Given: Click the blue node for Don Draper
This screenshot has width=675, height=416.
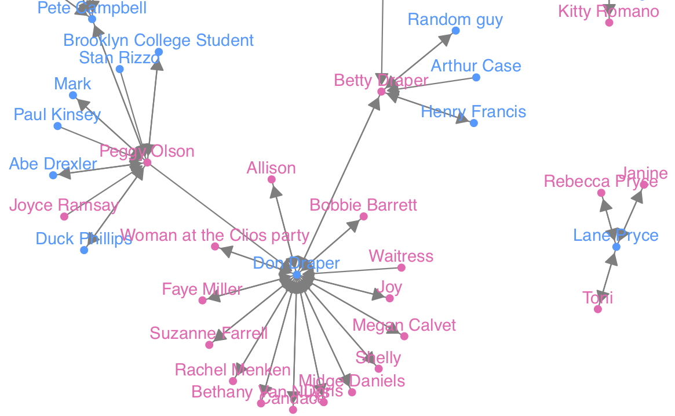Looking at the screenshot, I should coord(297,274).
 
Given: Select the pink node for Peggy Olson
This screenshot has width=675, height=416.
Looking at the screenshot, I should coord(147,162).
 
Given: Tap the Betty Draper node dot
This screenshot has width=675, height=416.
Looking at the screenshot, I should coord(381,92).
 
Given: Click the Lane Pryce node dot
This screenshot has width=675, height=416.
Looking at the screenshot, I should coord(616,247).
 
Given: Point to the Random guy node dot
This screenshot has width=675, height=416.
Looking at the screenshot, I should coord(455,31).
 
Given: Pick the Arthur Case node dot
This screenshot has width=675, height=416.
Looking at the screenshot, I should coord(476,77).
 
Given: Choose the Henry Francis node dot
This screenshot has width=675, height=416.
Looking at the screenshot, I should coord(474,123).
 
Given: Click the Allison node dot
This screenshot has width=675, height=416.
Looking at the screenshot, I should coord(271,179).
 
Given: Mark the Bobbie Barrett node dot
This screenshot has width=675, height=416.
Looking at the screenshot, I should coord(364,216).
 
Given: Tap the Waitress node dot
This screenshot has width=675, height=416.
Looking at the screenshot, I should coord(402,267).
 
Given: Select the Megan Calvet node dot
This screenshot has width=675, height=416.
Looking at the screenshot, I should coord(404,336).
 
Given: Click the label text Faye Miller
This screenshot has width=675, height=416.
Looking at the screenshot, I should coord(202,289).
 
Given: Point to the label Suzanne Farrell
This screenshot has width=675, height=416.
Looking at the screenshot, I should coord(209,334).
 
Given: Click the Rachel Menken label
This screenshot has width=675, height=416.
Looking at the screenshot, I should coord(233,370).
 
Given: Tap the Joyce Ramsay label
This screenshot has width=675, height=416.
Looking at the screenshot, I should coord(64,205).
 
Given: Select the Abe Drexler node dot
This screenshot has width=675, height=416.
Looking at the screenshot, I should coord(53,175).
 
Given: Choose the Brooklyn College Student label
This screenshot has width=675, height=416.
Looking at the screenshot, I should coord(158,41).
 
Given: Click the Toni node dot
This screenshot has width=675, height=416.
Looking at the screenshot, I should coord(598,309).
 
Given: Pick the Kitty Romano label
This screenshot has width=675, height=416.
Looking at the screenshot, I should coord(608,12).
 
